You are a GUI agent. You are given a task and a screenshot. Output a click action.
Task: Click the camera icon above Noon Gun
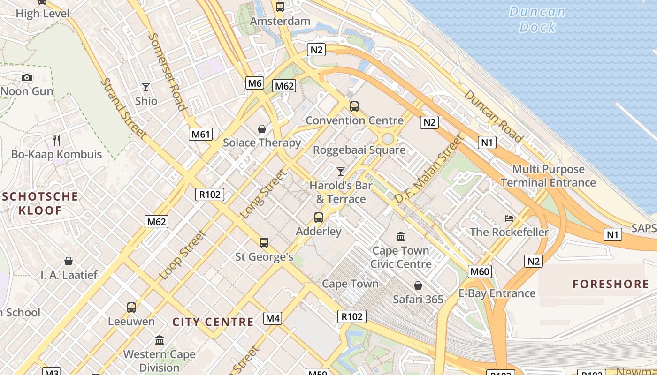[x=27, y=77]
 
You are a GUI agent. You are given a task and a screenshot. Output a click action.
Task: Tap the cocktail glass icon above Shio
[x=146, y=87]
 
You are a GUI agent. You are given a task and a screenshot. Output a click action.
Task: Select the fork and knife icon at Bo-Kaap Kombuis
[x=57, y=140]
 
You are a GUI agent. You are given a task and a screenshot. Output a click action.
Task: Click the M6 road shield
[x=254, y=83]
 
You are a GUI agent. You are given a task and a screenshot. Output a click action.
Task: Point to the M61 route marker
[x=201, y=135]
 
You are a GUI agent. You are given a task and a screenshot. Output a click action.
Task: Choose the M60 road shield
[x=480, y=271]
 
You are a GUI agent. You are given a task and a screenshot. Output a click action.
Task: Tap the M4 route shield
[x=273, y=319]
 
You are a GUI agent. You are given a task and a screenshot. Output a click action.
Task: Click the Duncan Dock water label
[x=537, y=19]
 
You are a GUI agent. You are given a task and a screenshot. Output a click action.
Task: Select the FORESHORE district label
[x=611, y=284]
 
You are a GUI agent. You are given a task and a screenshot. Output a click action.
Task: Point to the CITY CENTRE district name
[x=213, y=322]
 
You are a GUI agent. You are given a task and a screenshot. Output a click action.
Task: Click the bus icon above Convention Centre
[x=354, y=106]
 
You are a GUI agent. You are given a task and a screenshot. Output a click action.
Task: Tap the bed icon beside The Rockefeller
[x=509, y=218]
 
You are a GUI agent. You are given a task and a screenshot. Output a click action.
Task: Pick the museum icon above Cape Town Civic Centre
[x=401, y=236]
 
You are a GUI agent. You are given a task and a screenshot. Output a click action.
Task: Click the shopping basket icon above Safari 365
[x=418, y=285]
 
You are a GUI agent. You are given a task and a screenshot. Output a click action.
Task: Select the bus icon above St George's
[x=264, y=242]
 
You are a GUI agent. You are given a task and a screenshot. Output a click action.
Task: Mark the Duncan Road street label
[x=493, y=116]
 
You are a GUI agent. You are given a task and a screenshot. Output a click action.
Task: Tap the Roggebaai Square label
[x=359, y=150]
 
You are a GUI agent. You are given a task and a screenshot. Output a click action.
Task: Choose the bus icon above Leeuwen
[x=131, y=307]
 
